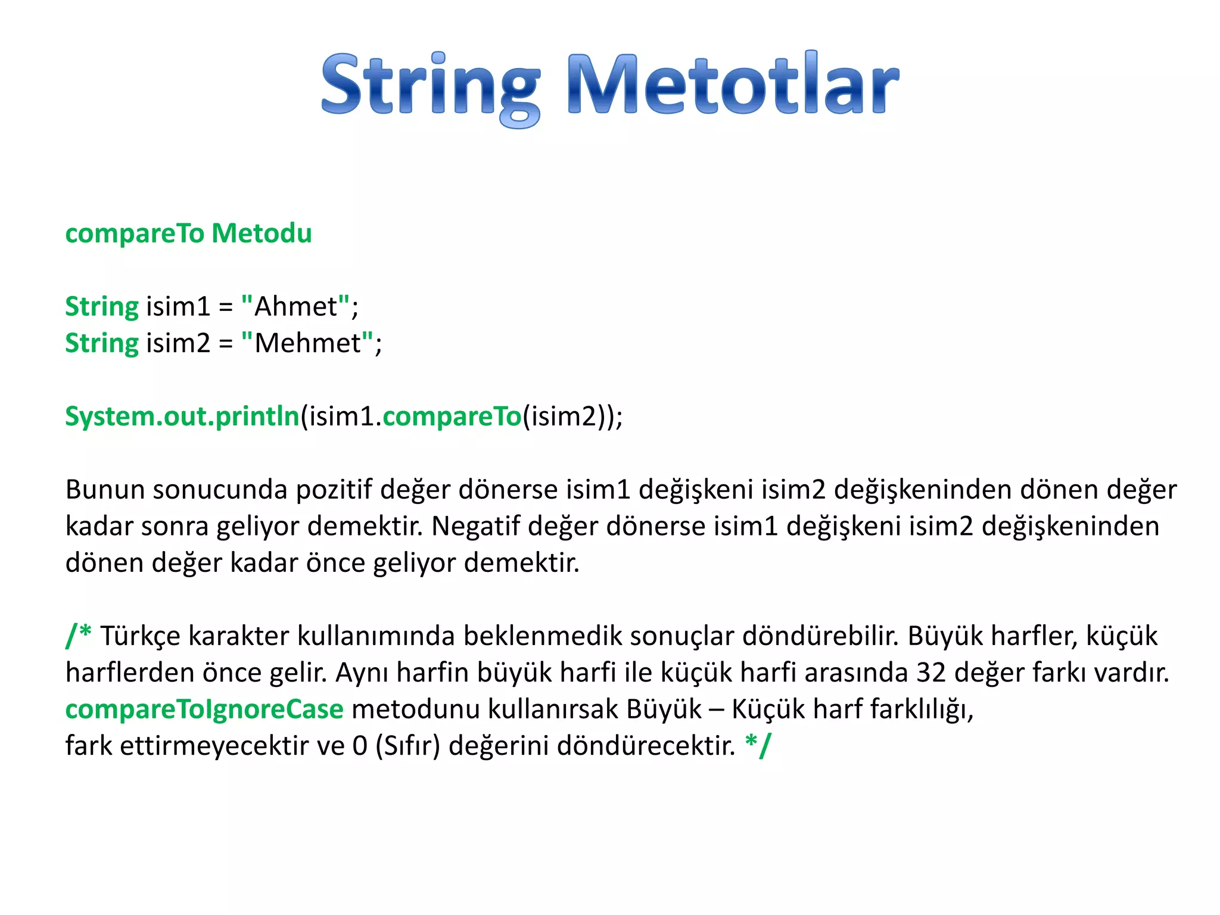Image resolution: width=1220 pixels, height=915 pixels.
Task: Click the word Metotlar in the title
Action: [733, 85]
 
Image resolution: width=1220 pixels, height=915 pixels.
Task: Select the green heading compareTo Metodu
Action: [188, 233]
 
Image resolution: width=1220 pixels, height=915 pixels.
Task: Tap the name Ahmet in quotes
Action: [295, 307]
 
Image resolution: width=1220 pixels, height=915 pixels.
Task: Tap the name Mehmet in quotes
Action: [307, 343]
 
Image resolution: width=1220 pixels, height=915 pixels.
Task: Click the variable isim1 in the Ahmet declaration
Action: [178, 307]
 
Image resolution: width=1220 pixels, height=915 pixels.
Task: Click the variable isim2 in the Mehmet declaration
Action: [178, 343]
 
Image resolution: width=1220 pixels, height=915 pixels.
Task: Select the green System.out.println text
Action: [182, 416]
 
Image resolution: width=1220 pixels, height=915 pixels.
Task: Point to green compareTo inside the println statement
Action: [452, 416]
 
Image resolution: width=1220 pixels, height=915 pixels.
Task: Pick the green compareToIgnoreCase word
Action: [204, 709]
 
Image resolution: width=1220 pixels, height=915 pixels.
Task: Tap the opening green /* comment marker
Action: [78, 635]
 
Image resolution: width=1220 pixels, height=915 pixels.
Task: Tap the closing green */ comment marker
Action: [758, 745]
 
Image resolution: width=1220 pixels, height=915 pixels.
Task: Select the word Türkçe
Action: [141, 636]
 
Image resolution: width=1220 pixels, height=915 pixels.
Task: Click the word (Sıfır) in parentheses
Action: [407, 746]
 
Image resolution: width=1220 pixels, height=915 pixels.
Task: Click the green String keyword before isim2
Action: [102, 344]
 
